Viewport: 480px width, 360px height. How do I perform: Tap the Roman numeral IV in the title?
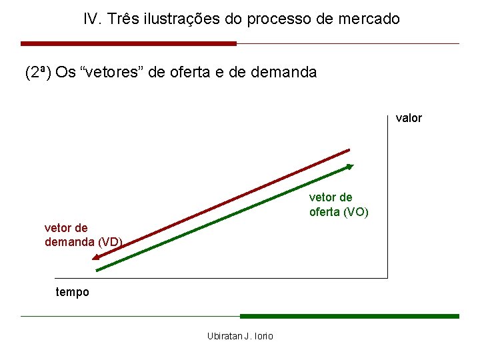(91, 19)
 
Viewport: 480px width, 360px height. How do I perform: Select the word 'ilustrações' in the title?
(175, 19)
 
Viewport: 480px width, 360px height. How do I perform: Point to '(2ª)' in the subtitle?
(38, 72)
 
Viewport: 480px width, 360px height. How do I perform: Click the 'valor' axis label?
(409, 118)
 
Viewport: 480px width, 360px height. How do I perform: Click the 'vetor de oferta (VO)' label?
(339, 205)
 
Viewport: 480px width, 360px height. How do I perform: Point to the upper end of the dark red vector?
(349, 151)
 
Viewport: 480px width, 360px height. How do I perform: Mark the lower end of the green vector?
(98, 270)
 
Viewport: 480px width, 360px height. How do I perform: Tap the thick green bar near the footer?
(349, 316)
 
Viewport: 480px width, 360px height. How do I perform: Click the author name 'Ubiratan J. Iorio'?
(240, 336)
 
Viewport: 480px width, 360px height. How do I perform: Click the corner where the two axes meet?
(387, 277)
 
